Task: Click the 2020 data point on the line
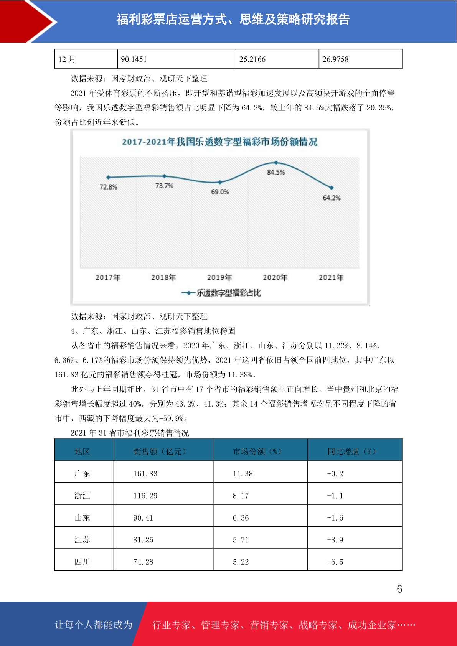tap(276, 163)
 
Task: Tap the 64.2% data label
tap(332, 198)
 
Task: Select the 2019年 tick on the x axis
tap(219, 277)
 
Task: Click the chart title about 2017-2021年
tap(219, 142)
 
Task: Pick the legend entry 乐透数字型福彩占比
tap(221, 293)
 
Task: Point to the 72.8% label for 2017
tap(108, 187)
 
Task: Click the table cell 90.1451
tap(134, 59)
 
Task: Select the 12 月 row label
tap(67, 59)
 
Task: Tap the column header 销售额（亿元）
tap(160, 452)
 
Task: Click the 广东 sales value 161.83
tap(145, 474)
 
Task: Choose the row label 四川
tap(82, 562)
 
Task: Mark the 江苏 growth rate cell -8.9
tap(335, 540)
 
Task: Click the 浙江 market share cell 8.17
tap(241, 496)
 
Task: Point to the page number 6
tap(399, 589)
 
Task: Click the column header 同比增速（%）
tap(351, 452)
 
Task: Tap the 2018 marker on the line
tap(164, 176)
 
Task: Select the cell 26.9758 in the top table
tap(335, 59)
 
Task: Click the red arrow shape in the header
tap(29, 21)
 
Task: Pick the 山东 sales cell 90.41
tap(143, 518)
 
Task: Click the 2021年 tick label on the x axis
tap(331, 277)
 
